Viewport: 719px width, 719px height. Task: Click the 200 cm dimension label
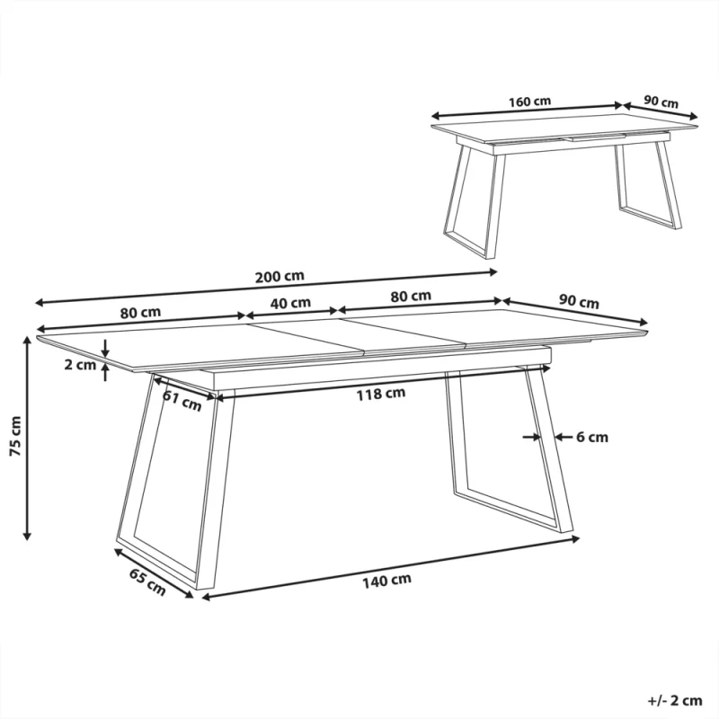click(280, 277)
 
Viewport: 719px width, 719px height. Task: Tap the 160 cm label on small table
click(529, 102)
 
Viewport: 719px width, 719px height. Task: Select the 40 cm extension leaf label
click(290, 303)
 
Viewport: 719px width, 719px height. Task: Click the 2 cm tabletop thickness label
click(80, 365)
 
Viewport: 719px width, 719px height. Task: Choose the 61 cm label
click(182, 400)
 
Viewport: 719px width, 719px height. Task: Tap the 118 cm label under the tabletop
click(381, 394)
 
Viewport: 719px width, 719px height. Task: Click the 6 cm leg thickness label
click(592, 437)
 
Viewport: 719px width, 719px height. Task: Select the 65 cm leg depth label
click(147, 581)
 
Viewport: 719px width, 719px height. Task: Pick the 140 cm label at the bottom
click(386, 581)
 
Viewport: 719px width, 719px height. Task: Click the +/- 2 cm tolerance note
click(675, 701)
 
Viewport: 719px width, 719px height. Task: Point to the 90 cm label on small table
click(661, 102)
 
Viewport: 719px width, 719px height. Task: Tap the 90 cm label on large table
click(579, 301)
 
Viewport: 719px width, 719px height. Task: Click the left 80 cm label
click(141, 313)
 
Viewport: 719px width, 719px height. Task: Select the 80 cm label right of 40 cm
click(411, 297)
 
